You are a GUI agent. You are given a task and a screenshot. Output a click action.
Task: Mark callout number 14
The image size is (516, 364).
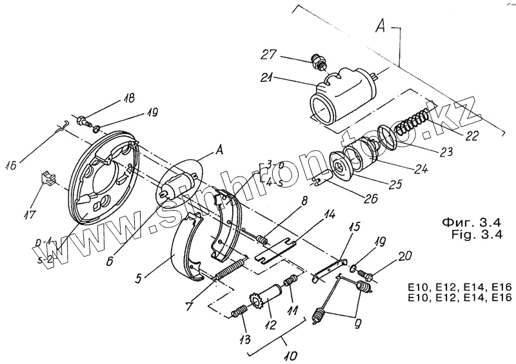[x=329, y=215]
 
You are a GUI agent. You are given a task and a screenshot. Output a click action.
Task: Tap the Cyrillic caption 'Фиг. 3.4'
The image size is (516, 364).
[x=472, y=222]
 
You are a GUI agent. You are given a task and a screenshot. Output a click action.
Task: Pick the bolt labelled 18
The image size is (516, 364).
[x=83, y=120]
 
